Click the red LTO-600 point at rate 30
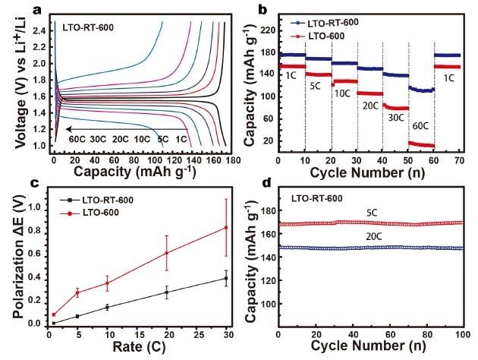click(x=225, y=228)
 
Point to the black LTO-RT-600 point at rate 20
click(x=167, y=292)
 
